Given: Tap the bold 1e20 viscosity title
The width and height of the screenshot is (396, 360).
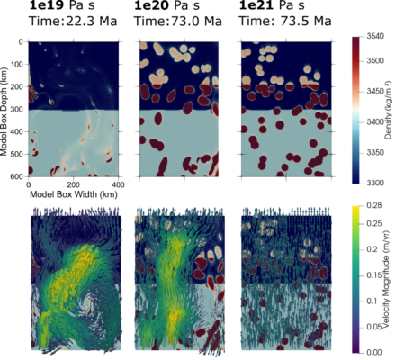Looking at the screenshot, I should tap(159, 7).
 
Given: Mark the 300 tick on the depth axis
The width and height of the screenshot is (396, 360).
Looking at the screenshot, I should tap(19, 110).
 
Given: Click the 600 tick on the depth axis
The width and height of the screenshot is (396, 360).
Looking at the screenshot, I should tap(19, 177).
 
